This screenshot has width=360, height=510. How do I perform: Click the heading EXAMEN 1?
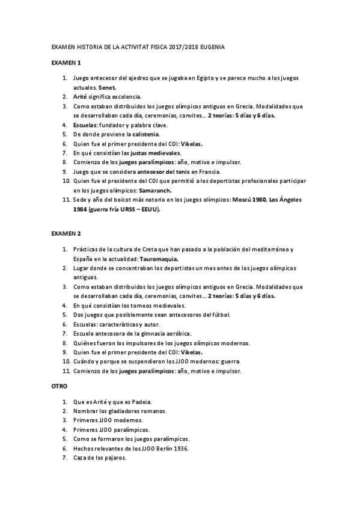coord(66,63)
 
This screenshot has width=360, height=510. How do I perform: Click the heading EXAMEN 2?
coord(66,233)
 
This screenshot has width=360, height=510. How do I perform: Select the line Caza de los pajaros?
coord(99,458)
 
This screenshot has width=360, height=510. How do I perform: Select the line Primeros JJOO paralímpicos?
coord(111,429)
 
